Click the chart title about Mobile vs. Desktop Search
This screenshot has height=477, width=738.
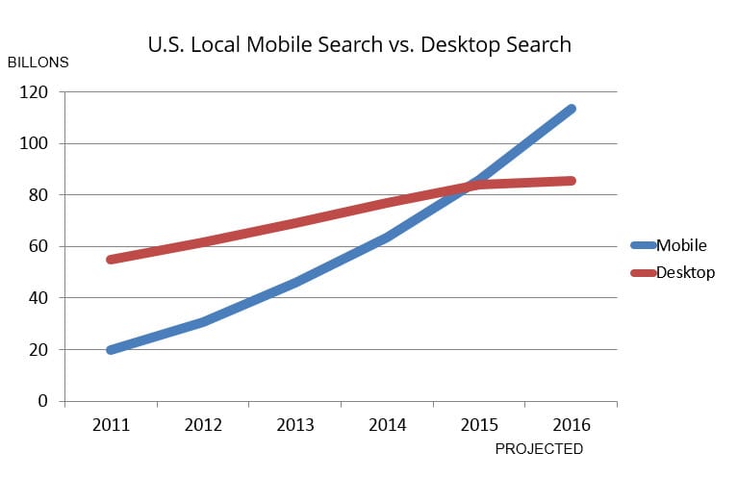(359, 44)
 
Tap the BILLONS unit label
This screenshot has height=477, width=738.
(38, 63)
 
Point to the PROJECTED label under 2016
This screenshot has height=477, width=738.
(538, 449)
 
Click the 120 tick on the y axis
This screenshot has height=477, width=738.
(36, 92)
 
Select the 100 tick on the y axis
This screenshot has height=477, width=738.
(36, 144)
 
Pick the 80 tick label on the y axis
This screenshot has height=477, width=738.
(39, 195)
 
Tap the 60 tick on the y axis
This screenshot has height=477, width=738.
(39, 247)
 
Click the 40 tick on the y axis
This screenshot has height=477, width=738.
(39, 298)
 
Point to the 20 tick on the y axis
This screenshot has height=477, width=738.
(39, 350)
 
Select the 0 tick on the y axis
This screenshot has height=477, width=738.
(43, 401)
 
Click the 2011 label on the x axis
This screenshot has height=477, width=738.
(111, 425)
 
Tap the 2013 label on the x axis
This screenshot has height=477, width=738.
(294, 425)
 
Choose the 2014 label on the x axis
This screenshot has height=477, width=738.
(387, 425)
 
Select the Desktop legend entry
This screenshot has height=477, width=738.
(684, 273)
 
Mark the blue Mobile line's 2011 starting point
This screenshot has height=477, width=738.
(111, 350)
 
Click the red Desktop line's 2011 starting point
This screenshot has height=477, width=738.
(111, 260)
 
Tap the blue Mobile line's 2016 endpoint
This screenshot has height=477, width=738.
(572, 109)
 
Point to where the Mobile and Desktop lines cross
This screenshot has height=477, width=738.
(470, 185)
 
